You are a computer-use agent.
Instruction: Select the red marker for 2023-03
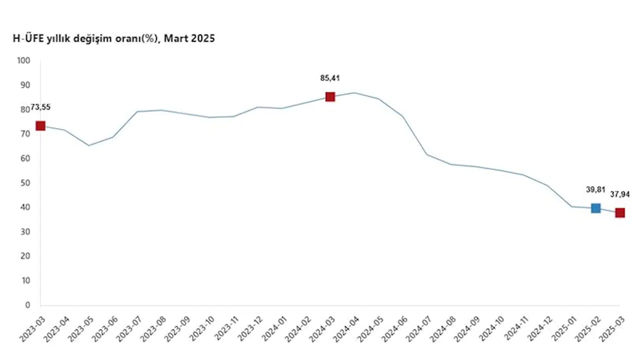pos(40,126)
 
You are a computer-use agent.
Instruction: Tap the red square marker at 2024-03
pos(330,96)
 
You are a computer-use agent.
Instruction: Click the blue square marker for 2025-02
pos(595,208)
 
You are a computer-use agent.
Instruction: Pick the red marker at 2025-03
pos(620,212)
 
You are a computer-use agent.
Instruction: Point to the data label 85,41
pos(330,78)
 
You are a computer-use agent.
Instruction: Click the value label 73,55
pos(40,107)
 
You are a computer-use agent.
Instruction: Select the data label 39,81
pos(595,189)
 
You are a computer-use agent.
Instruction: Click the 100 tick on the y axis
pos(24,61)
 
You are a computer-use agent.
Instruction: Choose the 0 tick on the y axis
pos(28,305)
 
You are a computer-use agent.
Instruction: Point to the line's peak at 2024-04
pos(354,92)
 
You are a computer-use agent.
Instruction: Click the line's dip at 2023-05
pos(89,145)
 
